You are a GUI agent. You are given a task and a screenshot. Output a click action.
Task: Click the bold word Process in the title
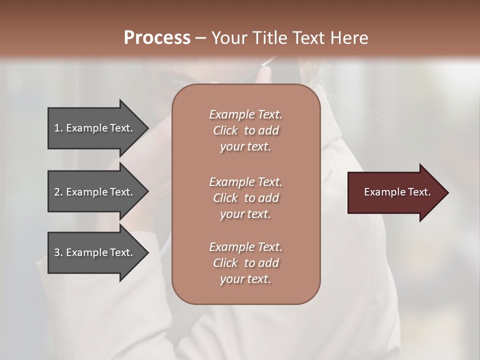pos(157,38)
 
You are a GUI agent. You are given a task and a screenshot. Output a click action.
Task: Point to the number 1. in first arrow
pos(58,128)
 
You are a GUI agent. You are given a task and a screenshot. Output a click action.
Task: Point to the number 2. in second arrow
pos(58,192)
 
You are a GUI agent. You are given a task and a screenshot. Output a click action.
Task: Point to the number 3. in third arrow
pos(58,252)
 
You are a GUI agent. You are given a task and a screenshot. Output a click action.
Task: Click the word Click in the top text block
pos(225,130)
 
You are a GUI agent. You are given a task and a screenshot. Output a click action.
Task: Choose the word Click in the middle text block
pos(225,198)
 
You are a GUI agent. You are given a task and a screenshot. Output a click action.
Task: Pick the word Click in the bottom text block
pos(225,263)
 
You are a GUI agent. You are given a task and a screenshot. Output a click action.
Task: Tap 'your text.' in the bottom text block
pos(245,279)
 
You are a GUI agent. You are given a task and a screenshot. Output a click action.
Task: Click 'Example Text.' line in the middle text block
pos(245,182)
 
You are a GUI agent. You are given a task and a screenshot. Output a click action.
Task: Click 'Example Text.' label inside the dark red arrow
pos(397,192)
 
